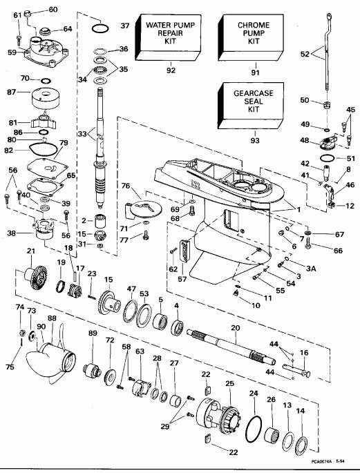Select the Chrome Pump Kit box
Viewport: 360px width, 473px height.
246,32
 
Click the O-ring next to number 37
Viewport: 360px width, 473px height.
100,28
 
